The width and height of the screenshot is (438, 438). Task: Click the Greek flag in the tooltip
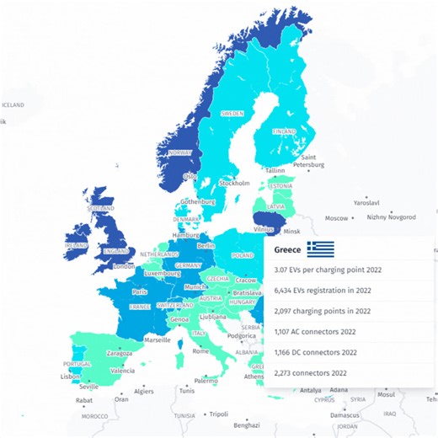[x=320, y=248]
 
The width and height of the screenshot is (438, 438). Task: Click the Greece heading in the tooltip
[x=288, y=249]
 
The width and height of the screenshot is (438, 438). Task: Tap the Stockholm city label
[x=234, y=183]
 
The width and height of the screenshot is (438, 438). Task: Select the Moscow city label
[x=337, y=218]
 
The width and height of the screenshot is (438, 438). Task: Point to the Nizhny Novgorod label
[x=391, y=216]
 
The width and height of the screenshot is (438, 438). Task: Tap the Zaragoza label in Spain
[x=120, y=354]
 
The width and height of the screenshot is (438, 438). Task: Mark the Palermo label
[x=206, y=381]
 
